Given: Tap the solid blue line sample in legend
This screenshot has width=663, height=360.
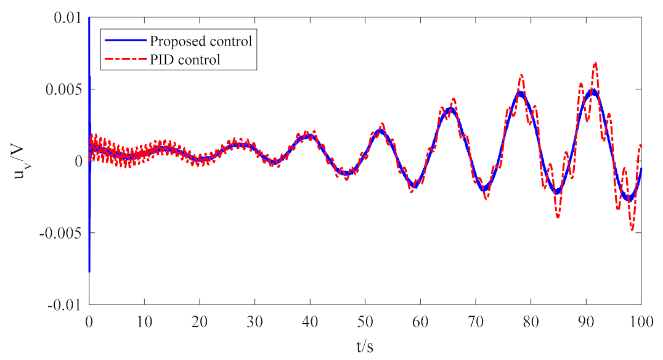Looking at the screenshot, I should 124,42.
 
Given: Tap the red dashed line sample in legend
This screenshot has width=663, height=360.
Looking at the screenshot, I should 124,60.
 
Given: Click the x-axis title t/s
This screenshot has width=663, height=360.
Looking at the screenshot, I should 365,346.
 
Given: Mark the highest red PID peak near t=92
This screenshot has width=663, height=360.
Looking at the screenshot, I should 595,63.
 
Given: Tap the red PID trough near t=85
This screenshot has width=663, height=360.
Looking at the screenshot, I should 558,216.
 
